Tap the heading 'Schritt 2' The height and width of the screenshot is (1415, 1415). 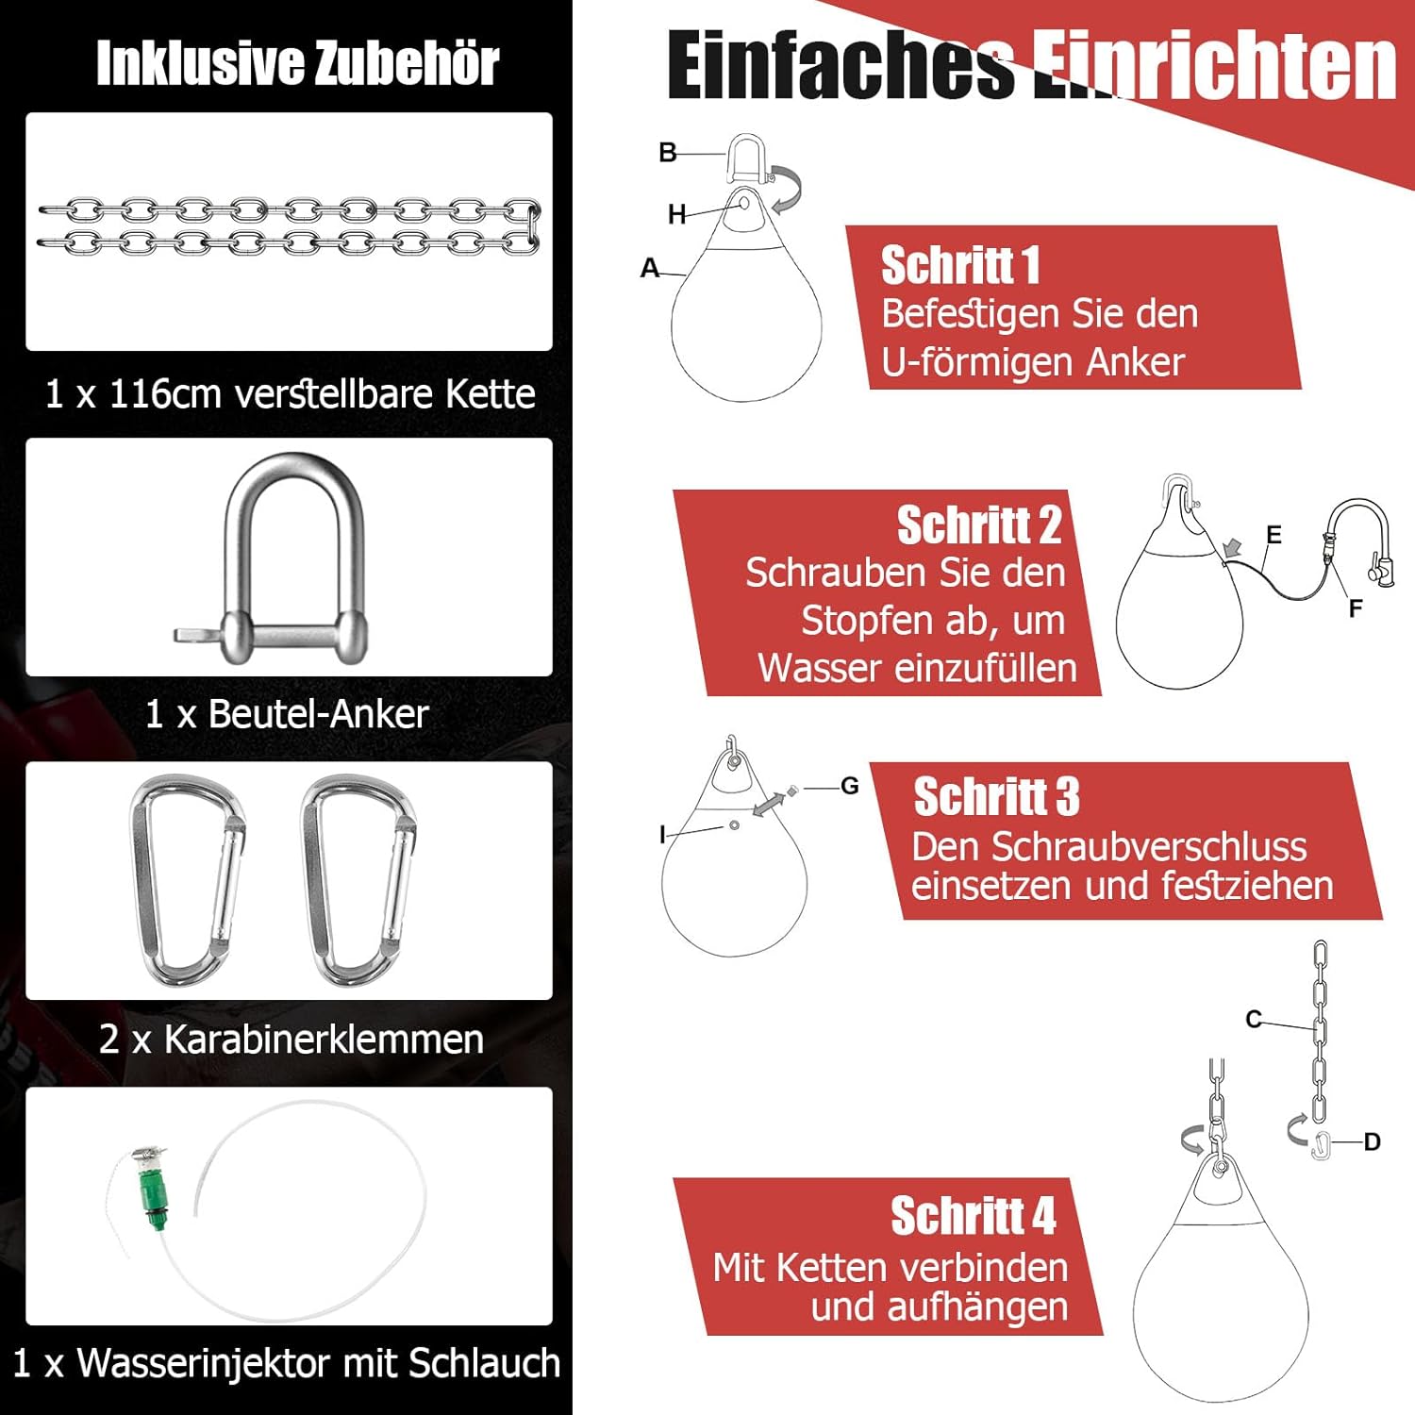(979, 524)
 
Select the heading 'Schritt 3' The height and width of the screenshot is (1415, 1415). (996, 797)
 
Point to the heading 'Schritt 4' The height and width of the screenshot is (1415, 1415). (974, 1216)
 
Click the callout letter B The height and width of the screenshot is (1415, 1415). (668, 153)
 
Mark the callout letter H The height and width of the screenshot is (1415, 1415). (676, 215)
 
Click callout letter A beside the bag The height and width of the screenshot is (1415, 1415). (649, 268)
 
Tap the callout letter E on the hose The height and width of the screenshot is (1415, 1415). (1273, 536)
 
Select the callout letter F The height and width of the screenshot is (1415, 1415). (1356, 608)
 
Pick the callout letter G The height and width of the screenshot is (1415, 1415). (850, 786)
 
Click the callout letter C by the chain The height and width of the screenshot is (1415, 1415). (1254, 1020)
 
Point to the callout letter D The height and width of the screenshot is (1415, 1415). (1373, 1142)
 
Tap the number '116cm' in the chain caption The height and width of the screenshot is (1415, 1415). (165, 394)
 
